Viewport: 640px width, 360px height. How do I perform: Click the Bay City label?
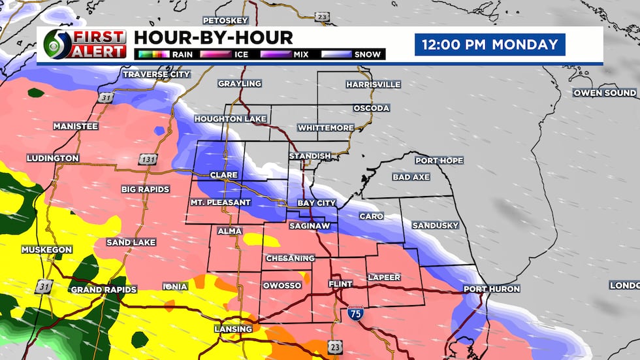click(317, 203)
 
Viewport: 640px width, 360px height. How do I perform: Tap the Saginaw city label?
click(310, 226)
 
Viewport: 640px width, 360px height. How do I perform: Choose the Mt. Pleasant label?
click(220, 203)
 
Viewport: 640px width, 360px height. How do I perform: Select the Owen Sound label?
click(605, 93)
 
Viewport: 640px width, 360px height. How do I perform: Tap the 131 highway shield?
click(146, 159)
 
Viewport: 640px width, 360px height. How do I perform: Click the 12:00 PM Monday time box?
click(490, 45)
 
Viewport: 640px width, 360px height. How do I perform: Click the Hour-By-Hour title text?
click(212, 38)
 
